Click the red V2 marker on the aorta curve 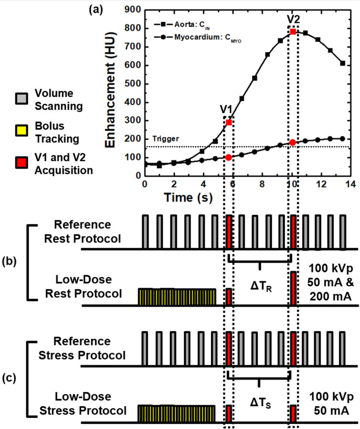pos(293,32)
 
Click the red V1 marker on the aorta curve pos(229,122)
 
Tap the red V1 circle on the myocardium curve pos(229,157)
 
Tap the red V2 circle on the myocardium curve pos(293,142)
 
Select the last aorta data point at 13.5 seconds pos(343,63)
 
